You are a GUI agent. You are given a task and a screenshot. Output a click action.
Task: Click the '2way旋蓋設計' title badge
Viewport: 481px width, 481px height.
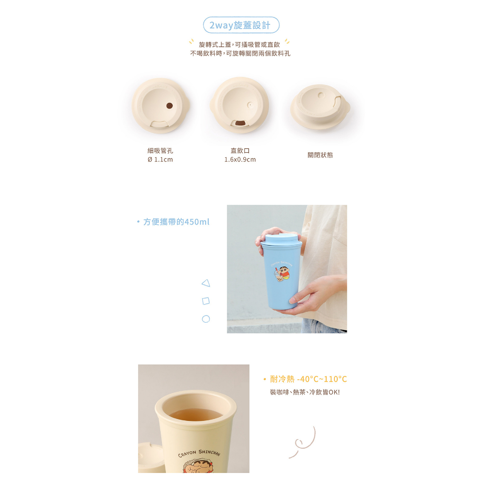click(241, 25)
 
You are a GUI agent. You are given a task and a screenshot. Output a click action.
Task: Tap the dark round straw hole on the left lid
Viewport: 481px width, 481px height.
click(169, 106)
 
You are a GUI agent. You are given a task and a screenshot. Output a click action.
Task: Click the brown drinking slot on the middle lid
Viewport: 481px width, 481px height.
click(240, 123)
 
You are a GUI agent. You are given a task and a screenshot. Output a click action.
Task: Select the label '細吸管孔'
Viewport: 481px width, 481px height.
click(160, 151)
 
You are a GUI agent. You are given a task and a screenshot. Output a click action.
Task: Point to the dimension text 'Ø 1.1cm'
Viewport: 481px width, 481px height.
click(160, 160)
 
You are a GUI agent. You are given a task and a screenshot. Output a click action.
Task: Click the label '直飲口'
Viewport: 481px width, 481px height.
click(240, 151)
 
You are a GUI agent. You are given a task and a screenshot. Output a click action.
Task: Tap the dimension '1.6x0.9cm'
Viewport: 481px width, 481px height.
click(240, 160)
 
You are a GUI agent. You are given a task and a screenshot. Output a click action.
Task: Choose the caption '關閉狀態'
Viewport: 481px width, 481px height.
click(320, 155)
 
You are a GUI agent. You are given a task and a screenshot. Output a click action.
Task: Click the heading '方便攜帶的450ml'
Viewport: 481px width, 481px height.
click(176, 222)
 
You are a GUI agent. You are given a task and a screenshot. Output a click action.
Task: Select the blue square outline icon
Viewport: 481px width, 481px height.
click(206, 301)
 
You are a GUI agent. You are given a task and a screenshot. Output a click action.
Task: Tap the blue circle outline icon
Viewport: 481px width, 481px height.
click(206, 319)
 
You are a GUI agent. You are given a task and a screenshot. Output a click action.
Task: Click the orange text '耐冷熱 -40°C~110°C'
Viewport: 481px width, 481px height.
click(308, 379)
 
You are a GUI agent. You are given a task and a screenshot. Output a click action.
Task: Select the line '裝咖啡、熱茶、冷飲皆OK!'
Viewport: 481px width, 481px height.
click(305, 392)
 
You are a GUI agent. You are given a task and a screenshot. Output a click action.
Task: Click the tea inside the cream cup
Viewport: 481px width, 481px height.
click(196, 414)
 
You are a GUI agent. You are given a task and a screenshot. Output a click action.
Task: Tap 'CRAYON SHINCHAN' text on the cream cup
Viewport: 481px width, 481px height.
click(199, 453)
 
